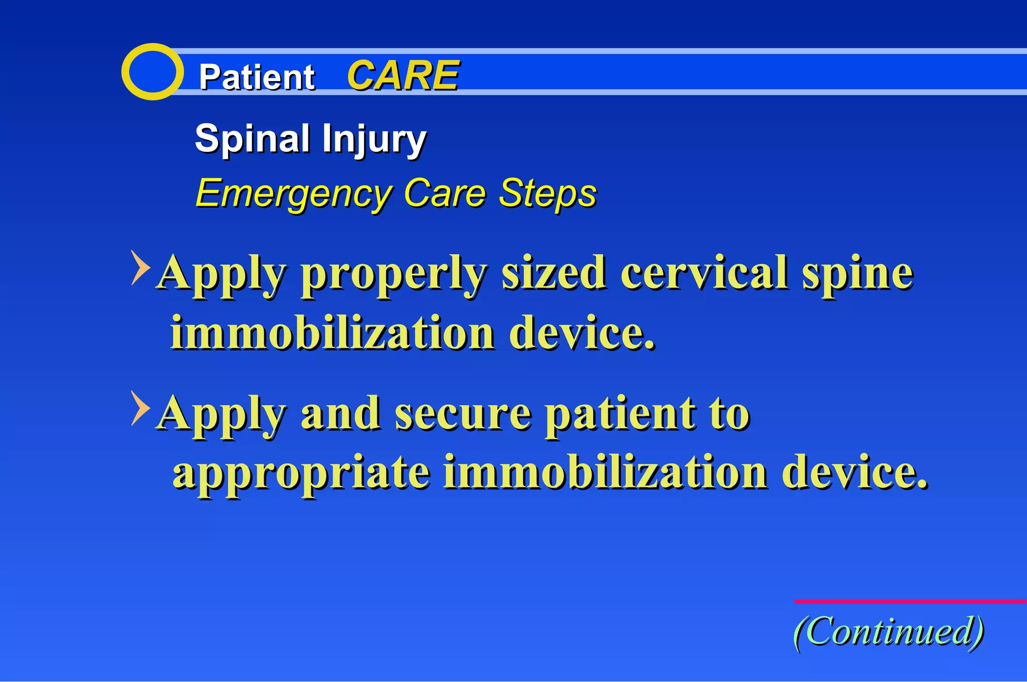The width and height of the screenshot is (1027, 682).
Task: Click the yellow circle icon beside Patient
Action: coord(152,72)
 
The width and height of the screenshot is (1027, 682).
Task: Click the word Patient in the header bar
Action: coord(256,77)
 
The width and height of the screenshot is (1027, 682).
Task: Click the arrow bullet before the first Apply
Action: coord(140,267)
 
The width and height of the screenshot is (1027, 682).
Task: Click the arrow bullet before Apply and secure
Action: coord(140,408)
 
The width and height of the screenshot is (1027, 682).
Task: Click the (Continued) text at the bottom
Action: coord(889,631)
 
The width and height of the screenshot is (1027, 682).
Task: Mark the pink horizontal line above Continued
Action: coord(910,601)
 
